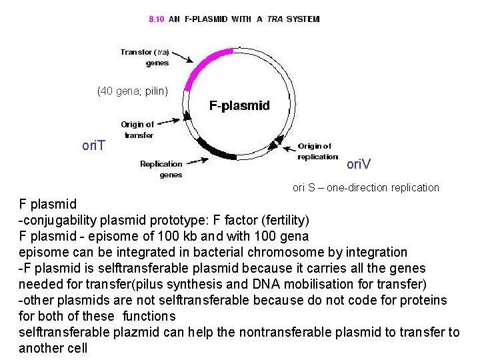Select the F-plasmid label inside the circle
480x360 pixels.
click(x=239, y=105)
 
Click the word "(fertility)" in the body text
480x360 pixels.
click(x=284, y=219)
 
